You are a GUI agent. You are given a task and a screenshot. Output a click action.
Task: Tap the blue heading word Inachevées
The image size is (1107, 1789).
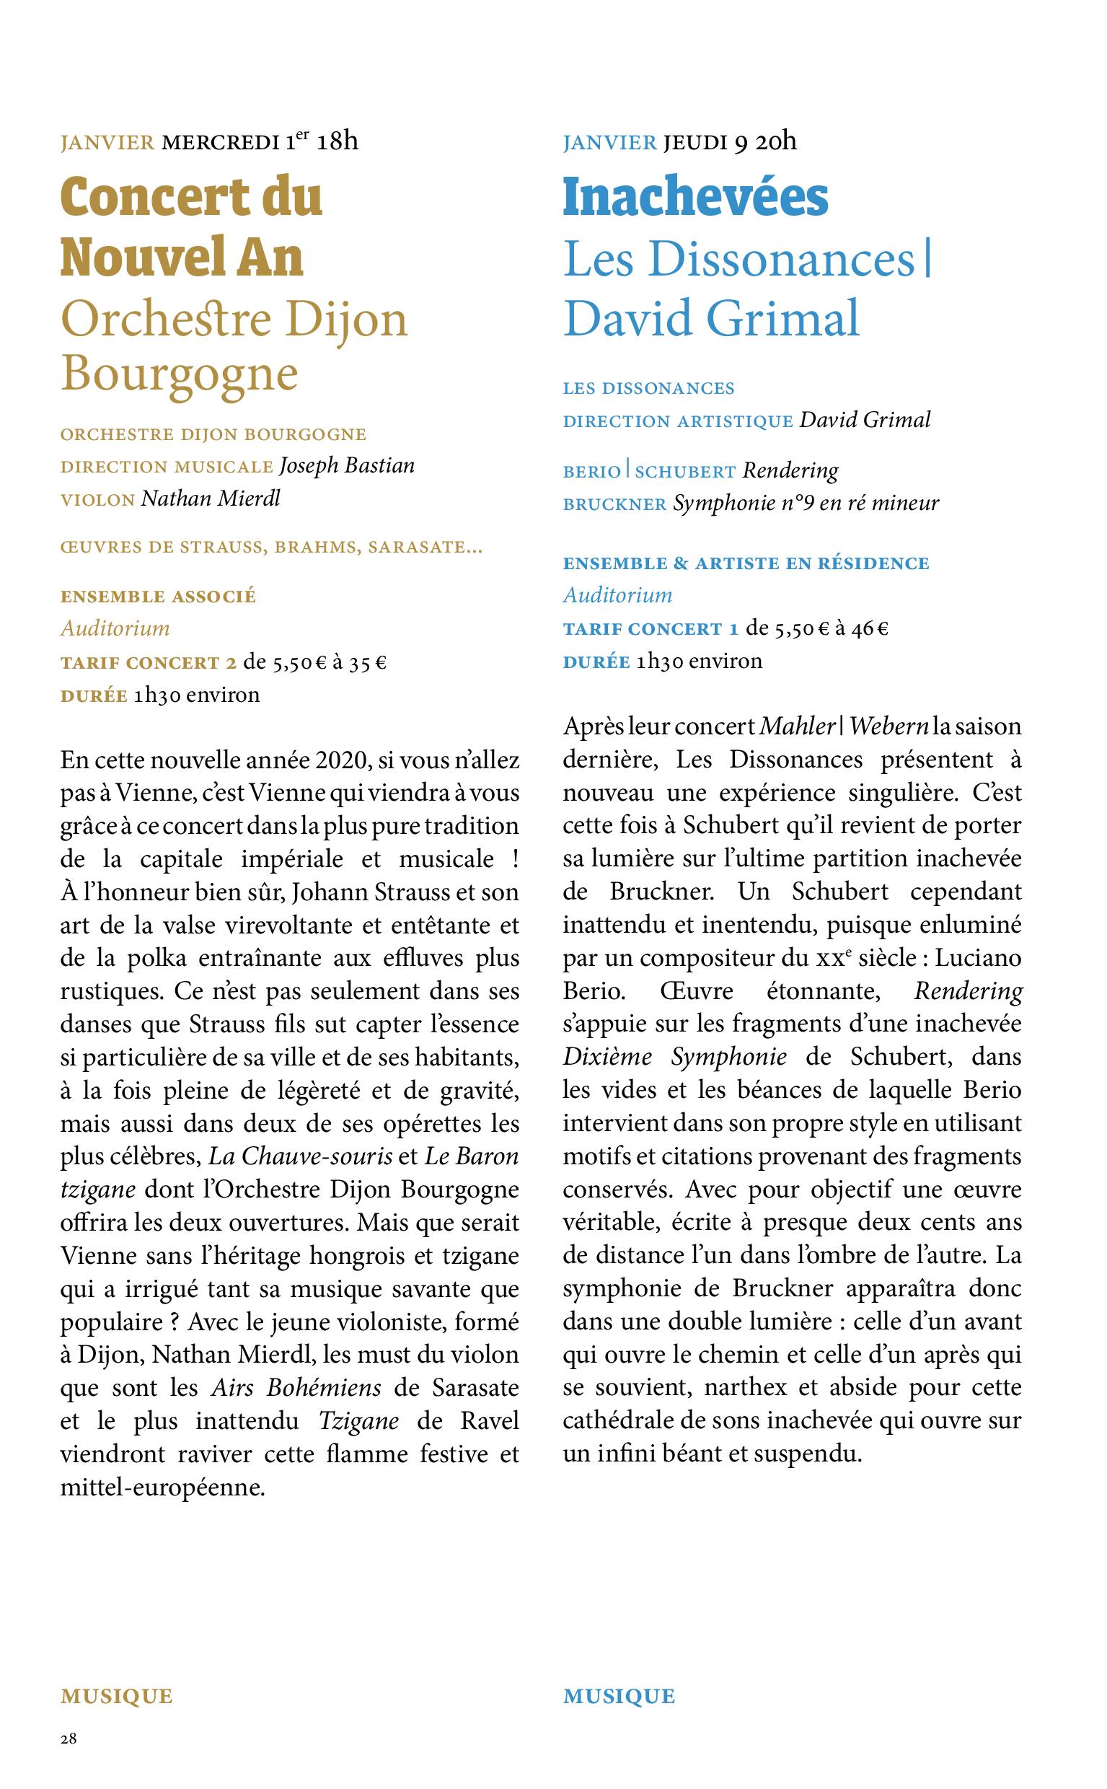click(694, 198)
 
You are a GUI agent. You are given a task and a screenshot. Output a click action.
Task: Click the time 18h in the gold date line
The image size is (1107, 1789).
click(338, 141)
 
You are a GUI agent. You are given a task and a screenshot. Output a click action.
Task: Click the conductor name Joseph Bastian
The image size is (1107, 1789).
click(347, 466)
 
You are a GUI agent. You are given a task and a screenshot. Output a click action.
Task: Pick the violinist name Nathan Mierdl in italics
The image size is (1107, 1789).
click(211, 498)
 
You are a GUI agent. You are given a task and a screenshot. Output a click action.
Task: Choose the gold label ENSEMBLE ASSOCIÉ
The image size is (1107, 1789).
click(158, 597)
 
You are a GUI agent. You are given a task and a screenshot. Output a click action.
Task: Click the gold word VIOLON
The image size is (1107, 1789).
click(98, 500)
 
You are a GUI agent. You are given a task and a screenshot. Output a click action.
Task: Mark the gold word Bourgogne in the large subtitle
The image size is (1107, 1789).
click(180, 374)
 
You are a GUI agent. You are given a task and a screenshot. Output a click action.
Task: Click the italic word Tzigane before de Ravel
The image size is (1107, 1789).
click(358, 1421)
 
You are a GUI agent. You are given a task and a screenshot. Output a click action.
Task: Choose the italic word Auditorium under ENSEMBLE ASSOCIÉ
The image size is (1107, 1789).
click(115, 629)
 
